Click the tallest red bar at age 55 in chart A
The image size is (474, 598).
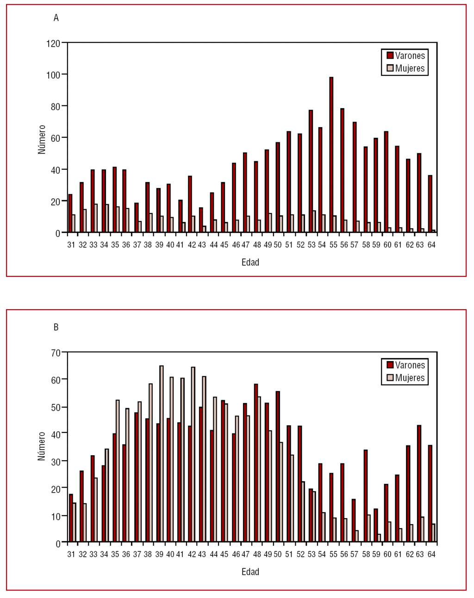(x=331, y=155)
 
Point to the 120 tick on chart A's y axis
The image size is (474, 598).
(x=53, y=43)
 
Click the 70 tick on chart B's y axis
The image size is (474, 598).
(x=56, y=353)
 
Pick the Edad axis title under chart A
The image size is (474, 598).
(x=250, y=262)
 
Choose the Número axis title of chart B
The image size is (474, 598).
(x=42, y=446)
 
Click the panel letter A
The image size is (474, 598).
(x=56, y=18)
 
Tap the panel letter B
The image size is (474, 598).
(x=56, y=327)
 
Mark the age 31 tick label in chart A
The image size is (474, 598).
(x=71, y=245)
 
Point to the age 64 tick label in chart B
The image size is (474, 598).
(x=431, y=554)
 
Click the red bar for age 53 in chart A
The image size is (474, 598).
(x=311, y=171)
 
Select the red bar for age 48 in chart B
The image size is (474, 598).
(x=256, y=463)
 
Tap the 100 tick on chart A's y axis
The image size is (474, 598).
(x=53, y=75)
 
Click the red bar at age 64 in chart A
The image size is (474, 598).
(x=430, y=204)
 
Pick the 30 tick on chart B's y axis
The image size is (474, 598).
(x=56, y=461)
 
